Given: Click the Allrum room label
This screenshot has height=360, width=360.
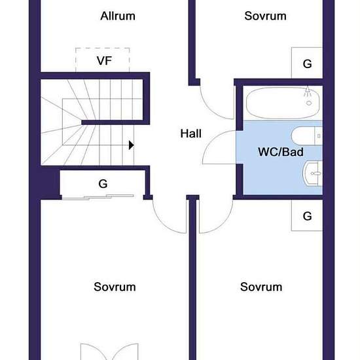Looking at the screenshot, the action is coord(118,16).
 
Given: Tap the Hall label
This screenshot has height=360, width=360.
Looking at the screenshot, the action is coord(190,134).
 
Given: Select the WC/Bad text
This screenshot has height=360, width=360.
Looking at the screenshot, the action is coord(281,152).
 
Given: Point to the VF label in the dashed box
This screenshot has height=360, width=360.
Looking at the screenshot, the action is coord(104,61).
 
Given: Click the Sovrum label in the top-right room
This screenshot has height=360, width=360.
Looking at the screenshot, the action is coord(265,16).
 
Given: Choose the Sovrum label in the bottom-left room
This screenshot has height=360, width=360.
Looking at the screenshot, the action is coord(115,287).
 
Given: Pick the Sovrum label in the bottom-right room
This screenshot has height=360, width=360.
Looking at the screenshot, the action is coord(261,287).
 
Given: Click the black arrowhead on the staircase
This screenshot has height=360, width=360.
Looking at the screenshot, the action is coord(132,145).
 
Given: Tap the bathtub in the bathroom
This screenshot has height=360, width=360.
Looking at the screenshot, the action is coord(283,103).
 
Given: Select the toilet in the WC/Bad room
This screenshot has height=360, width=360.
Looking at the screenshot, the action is coord(307,135).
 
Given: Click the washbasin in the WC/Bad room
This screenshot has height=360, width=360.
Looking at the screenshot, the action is coord(312,173).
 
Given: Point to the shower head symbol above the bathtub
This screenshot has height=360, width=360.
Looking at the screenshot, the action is coord(308,96).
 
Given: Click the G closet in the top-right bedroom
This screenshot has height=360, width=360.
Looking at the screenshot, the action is coord(307,63).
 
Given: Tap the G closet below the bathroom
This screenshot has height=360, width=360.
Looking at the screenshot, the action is coord(307,215).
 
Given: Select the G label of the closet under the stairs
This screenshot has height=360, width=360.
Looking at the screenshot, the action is coord(103,184).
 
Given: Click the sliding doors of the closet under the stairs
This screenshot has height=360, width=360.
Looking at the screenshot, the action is coord(98,197).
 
